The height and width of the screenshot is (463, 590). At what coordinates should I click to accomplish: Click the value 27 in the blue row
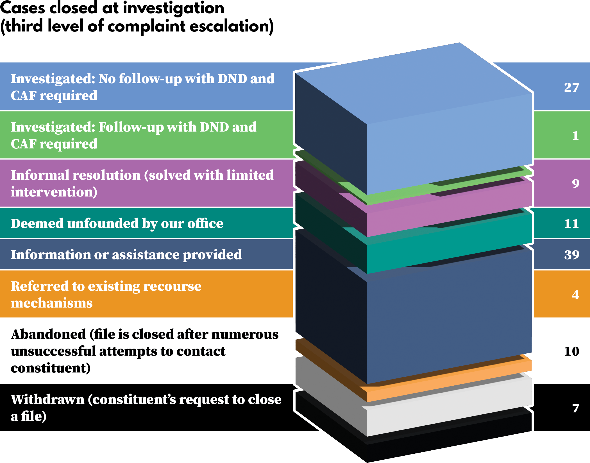(571, 87)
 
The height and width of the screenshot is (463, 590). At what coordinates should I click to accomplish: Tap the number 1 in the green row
(575, 136)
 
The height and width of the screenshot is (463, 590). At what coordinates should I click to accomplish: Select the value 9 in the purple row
(575, 184)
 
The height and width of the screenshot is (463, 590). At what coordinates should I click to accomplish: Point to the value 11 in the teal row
(571, 223)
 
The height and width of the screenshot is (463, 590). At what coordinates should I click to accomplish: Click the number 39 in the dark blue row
(571, 255)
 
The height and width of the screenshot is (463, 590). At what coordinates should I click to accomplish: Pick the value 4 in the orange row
(575, 295)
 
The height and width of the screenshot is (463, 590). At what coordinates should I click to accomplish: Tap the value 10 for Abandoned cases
(571, 351)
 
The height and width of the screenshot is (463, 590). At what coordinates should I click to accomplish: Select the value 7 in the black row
(575, 408)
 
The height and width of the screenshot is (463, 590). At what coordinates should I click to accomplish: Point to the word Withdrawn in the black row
(47, 399)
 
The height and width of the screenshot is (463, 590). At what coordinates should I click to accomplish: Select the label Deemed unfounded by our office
(117, 223)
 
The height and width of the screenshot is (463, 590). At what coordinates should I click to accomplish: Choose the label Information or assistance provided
(126, 255)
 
